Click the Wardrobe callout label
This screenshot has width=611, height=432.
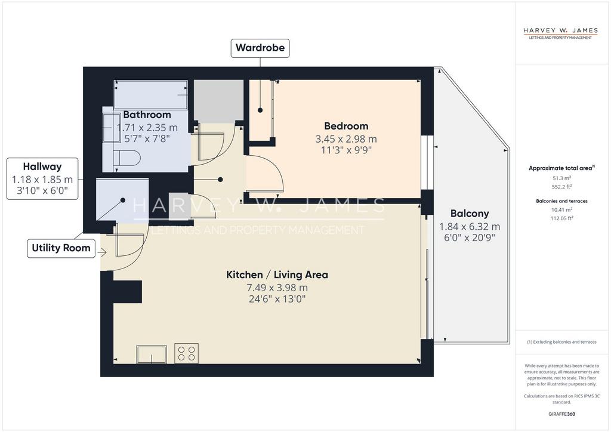pos(260,48)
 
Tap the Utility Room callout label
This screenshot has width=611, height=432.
pos(61,248)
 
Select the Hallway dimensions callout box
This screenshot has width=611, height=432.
pos(42,179)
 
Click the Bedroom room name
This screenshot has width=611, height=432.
pos(346,126)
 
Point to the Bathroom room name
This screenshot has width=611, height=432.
pos(147,115)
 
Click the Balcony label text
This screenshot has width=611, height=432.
pos(470,214)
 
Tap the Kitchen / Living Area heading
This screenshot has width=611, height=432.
pos(277,275)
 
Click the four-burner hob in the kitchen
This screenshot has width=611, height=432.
pos(186,353)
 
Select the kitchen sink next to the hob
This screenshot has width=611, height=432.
pos(152,354)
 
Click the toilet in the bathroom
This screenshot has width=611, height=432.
pos(128,158)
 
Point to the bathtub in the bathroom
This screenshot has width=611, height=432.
pos(151,95)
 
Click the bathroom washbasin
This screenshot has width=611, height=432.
pos(111,127)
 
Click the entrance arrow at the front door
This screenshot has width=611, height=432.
pos(102,253)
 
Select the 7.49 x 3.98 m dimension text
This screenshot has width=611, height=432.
pos(277,288)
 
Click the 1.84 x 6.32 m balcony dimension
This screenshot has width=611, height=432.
pos(470,227)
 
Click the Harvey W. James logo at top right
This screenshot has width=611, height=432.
pos(560,33)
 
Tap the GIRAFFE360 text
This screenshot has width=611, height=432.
pos(561,414)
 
